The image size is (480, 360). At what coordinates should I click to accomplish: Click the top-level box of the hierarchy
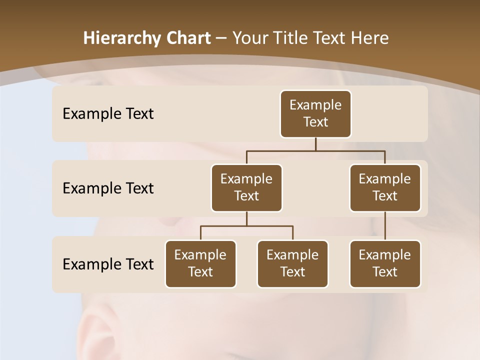[x=315, y=114]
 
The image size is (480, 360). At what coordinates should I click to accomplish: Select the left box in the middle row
[x=246, y=188]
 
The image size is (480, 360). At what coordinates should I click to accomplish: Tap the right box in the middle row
[x=385, y=188]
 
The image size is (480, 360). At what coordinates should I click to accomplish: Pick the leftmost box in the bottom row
[x=200, y=264]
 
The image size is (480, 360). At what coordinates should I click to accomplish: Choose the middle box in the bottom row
[x=292, y=264]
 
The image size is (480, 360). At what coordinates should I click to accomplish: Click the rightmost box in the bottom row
[x=385, y=264]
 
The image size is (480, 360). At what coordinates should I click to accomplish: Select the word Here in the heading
[x=369, y=38]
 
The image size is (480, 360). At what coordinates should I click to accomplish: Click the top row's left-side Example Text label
[x=108, y=114]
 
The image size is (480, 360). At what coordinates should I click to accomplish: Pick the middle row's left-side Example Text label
[x=108, y=188]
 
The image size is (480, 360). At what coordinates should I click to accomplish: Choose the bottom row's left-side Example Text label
[x=108, y=264]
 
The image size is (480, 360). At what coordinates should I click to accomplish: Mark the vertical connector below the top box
[x=315, y=144]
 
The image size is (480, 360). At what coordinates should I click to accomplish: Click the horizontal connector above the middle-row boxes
[x=315, y=150]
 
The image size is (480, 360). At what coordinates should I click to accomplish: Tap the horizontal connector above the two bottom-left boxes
[x=246, y=226]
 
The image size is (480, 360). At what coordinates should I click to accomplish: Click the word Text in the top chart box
[x=315, y=122]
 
